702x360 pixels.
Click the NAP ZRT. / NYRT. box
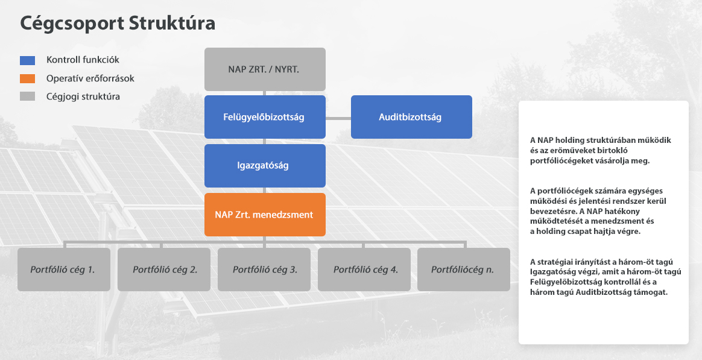[265, 69]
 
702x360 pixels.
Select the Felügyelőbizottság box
[265, 117]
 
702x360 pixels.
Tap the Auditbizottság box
[411, 117]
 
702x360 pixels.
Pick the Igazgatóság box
[265, 166]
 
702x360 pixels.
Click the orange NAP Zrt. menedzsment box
[265, 215]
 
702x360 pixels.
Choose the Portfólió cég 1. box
[64, 270]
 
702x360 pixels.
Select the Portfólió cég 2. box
[164, 270]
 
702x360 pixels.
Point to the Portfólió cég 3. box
[264, 270]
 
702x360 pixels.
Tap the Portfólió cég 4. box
[364, 270]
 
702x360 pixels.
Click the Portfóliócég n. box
[464, 270]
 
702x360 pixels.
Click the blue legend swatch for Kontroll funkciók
[27, 60]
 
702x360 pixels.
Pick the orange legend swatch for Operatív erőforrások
[27, 78]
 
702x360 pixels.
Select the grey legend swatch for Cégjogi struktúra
[27, 96]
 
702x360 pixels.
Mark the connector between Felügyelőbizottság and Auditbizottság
[338, 118]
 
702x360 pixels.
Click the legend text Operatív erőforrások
[90, 78]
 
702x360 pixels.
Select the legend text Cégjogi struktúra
[83, 96]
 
